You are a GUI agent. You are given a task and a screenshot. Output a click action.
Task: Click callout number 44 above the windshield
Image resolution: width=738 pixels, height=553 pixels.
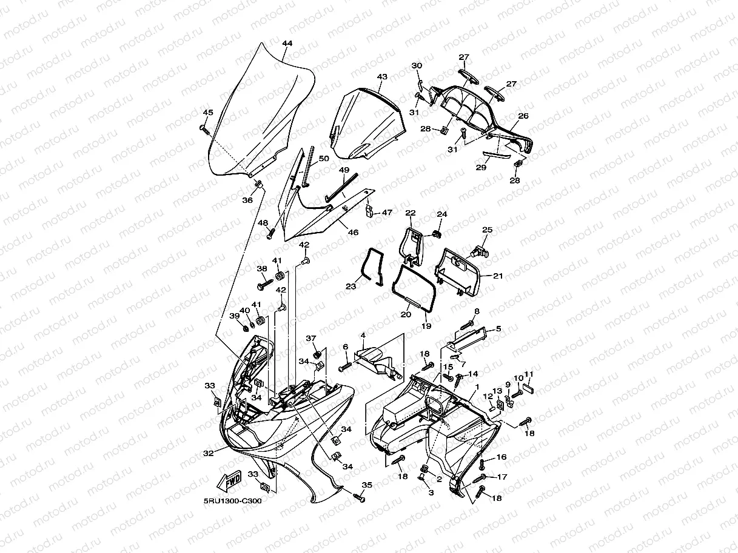point(287,43)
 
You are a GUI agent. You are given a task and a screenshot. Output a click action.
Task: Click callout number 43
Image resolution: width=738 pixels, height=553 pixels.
point(382,77)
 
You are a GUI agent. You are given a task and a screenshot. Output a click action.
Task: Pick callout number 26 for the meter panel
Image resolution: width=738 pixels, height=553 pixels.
point(523,116)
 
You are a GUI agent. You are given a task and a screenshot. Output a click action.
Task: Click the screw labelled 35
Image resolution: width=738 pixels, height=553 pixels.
point(359,498)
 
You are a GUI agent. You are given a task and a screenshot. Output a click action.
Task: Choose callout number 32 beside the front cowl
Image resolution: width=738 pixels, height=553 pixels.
point(208,452)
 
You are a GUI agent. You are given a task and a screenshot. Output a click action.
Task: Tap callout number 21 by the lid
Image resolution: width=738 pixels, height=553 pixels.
point(498,276)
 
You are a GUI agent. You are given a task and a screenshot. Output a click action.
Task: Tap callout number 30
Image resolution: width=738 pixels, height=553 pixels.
point(417,65)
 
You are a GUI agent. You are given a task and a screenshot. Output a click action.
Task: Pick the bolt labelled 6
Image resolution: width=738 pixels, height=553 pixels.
point(345,365)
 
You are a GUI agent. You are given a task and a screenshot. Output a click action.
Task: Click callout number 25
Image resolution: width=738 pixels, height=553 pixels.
point(488,230)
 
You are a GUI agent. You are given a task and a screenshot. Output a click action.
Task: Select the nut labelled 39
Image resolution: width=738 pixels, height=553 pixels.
point(246,328)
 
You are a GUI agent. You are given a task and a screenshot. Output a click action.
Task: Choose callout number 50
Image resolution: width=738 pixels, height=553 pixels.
point(324,159)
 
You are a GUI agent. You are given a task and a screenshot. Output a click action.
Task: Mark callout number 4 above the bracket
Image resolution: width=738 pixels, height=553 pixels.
point(363,335)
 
